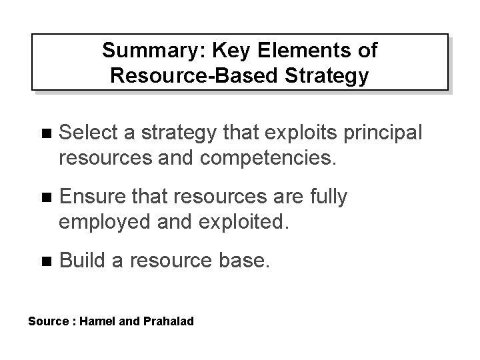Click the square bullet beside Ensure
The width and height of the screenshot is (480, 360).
point(45,197)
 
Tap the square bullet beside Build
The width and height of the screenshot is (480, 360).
point(45,261)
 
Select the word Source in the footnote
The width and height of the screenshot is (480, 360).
point(47,322)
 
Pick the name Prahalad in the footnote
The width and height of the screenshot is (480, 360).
point(168,322)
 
